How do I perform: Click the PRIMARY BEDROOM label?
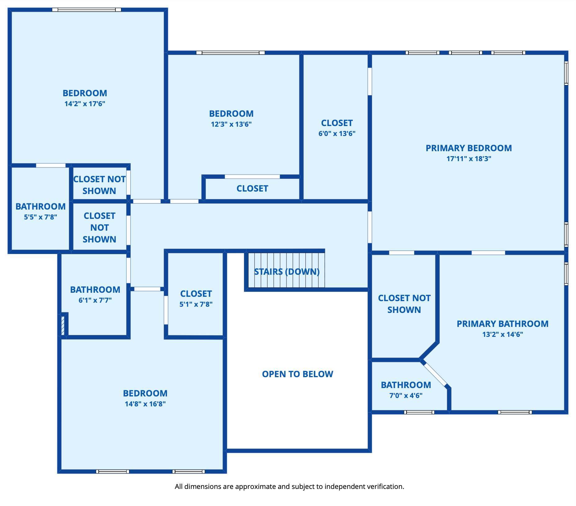469,148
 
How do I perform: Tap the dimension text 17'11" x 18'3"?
469,159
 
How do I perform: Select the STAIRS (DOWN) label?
287,272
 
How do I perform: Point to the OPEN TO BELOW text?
298,374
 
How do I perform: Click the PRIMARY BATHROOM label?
502,324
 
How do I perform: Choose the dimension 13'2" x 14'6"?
502,334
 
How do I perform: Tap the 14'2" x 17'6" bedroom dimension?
85,104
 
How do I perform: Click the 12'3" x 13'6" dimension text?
231,124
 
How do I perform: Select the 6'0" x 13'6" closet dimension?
337,133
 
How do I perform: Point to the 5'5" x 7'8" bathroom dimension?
41,217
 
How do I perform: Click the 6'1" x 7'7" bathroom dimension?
95,300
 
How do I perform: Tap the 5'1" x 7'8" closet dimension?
196,304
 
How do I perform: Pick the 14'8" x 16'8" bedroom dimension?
145,404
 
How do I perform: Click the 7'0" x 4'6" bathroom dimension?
406,395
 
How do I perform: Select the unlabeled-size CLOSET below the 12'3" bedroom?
252,188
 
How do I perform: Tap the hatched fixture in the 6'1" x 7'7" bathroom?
63,325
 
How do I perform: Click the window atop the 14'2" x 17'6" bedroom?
86,10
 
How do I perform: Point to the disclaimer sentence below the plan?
289,486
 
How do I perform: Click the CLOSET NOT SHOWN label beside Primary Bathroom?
404,304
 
